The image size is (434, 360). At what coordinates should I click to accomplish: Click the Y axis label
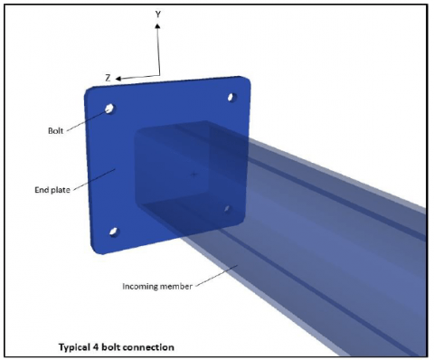pos(158,14)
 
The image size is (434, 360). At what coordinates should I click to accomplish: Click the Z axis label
pos(108,78)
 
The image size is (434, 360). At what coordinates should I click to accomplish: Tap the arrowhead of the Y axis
pos(158,25)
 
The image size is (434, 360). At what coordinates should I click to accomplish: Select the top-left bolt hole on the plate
pos(108,109)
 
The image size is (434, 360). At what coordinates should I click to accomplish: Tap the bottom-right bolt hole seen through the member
pos(228,209)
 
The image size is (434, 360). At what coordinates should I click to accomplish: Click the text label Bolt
pos(56,129)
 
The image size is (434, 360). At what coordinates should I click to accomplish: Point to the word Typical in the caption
pos(77,346)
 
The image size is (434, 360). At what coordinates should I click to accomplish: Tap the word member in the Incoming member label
pos(172,287)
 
